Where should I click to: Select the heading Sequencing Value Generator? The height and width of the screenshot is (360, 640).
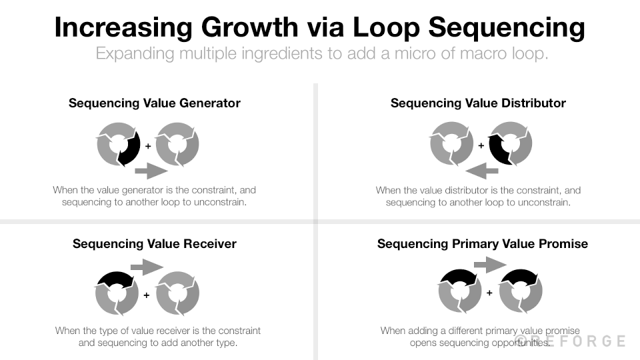[x=155, y=103]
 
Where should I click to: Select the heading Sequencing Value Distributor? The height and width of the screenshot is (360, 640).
[x=478, y=103]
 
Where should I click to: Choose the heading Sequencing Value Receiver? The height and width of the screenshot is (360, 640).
[x=155, y=243]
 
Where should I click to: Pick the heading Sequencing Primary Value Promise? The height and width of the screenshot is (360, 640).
[x=483, y=243]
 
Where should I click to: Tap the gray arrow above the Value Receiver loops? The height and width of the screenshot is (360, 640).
[x=147, y=267]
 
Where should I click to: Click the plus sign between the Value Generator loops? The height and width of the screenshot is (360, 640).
[x=147, y=145]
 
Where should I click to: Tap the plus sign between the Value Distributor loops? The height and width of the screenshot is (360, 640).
[x=481, y=145]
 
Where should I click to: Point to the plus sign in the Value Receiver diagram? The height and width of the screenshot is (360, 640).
[x=147, y=294]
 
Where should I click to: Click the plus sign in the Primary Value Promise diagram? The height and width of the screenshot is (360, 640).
[x=489, y=293]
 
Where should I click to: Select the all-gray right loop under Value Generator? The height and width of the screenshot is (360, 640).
[x=177, y=144]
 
